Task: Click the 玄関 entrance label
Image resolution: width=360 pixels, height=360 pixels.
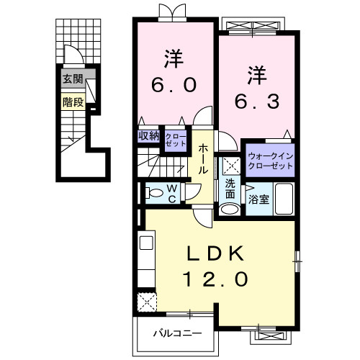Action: (72, 79)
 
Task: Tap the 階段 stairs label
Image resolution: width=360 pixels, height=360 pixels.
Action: (73, 102)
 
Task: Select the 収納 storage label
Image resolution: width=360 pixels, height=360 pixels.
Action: (149, 135)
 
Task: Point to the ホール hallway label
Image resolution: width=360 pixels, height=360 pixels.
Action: (204, 158)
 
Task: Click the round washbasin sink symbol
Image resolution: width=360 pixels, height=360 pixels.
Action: (230, 210)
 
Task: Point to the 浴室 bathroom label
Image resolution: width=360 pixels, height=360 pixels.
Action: (259, 199)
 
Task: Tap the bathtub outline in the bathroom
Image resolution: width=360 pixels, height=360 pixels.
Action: (284, 199)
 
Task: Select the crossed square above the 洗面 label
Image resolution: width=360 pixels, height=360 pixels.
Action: (230, 166)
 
